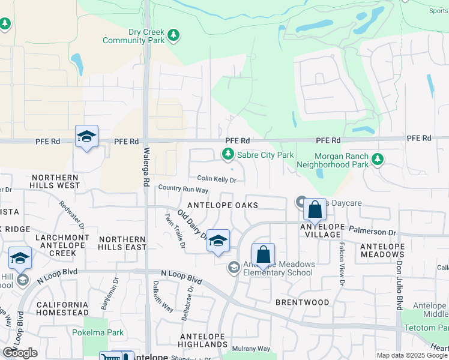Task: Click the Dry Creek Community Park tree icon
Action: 174,35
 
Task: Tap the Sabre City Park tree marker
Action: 228,155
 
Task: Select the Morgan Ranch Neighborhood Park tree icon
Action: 377,159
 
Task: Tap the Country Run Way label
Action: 183,189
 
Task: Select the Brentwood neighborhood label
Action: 303,302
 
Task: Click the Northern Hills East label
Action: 122,243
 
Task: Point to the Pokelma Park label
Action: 98,332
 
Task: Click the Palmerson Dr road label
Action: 376,232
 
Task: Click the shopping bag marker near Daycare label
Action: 315,210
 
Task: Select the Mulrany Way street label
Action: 251,349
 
